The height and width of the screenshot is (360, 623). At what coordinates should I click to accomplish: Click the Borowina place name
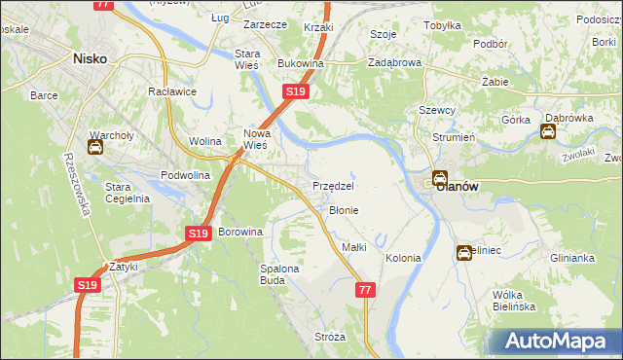(240, 233)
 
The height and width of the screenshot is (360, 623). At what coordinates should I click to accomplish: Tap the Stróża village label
(330, 337)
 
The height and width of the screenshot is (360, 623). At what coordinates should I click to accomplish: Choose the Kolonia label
(403, 258)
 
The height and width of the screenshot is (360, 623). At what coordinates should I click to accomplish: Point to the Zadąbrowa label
(394, 61)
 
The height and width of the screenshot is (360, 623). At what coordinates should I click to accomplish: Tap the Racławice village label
(172, 91)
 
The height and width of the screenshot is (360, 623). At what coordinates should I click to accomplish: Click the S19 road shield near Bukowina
(296, 91)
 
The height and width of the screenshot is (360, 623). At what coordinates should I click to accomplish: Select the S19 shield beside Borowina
(199, 234)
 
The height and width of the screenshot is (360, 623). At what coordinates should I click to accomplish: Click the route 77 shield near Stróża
(365, 290)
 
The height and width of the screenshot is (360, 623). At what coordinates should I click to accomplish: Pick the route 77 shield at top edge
(104, 5)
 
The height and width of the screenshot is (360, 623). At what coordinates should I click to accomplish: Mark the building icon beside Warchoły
(95, 148)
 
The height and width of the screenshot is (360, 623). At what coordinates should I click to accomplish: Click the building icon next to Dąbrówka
(550, 131)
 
